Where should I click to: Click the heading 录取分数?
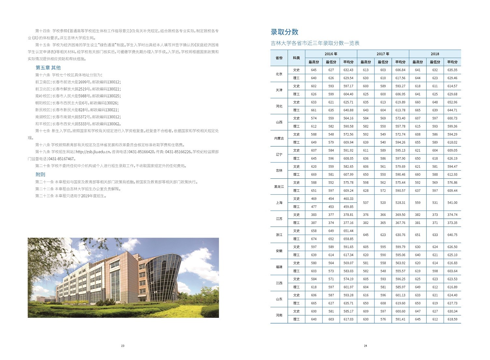click(x=284, y=32)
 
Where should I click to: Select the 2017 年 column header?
click(x=383, y=54)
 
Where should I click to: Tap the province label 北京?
click(x=279, y=74)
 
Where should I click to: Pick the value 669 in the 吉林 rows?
click(x=314, y=174)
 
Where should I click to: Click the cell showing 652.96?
click(x=452, y=102)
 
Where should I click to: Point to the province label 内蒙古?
click(x=279, y=138)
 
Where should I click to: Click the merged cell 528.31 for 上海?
click(x=400, y=203)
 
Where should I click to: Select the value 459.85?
click(x=348, y=207)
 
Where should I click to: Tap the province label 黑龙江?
click(x=279, y=187)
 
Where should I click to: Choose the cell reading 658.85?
click(x=348, y=239)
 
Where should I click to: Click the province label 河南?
click(x=279, y=315)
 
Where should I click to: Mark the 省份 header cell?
click(x=279, y=58)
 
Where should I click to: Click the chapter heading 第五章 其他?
click(x=48, y=68)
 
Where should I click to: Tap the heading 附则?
click(x=40, y=174)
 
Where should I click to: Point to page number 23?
click(x=123, y=346)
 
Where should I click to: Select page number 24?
click(x=365, y=346)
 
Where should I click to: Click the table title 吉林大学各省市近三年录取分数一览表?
click(x=315, y=43)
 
